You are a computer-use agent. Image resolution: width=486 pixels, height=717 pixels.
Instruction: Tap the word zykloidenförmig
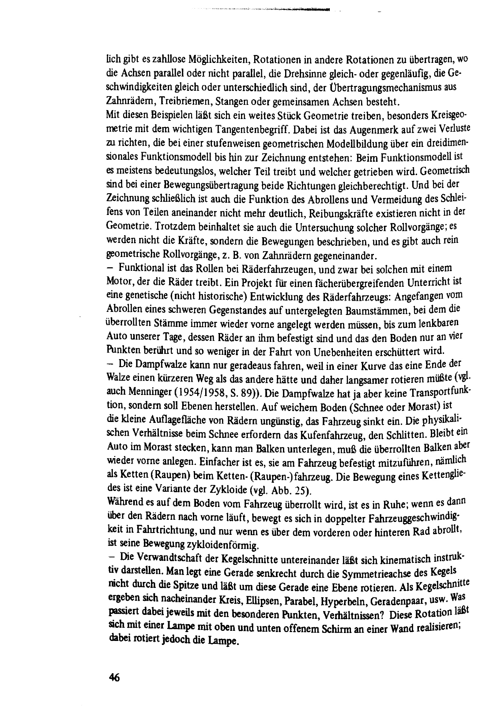(x=222, y=546)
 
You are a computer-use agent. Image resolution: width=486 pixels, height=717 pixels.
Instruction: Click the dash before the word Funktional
(x=108, y=267)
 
